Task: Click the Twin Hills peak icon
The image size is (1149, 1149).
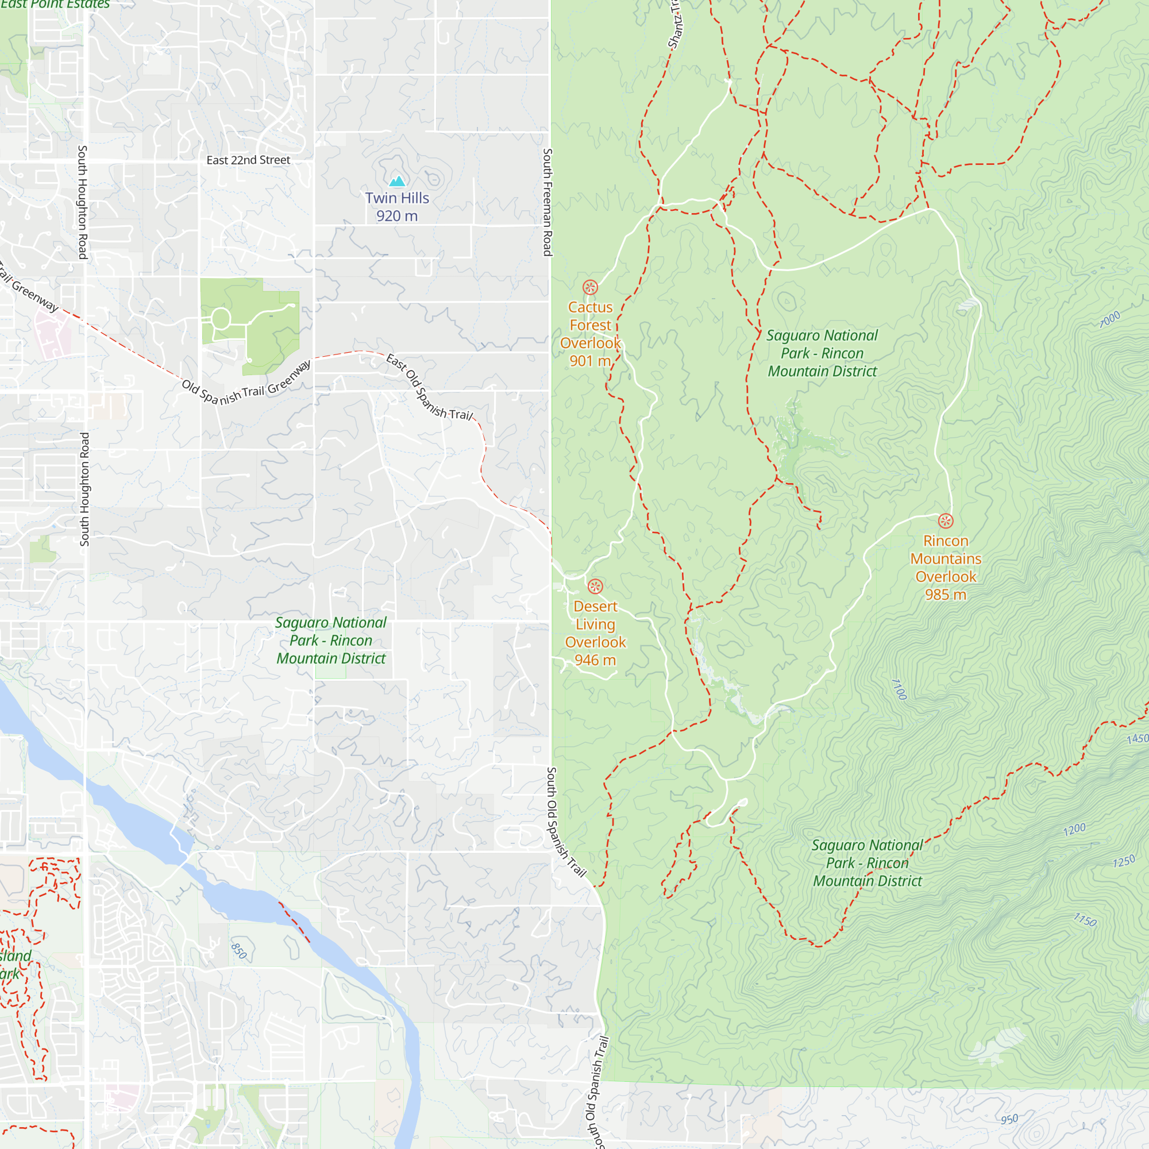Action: tap(396, 181)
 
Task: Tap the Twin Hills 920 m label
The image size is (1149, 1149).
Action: tap(396, 206)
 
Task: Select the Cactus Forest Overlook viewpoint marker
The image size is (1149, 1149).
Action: tap(590, 287)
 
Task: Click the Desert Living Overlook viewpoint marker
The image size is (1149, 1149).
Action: tap(595, 587)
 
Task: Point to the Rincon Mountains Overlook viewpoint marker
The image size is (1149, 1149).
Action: tap(946, 521)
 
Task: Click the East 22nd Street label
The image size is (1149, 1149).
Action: tap(248, 160)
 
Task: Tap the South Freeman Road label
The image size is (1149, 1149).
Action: tap(547, 202)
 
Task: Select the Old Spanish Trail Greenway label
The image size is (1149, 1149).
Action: tap(246, 384)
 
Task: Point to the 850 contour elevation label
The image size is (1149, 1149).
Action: tap(238, 951)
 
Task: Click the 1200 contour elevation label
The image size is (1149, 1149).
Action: tap(1074, 829)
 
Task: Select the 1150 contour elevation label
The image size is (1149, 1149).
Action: tap(1085, 920)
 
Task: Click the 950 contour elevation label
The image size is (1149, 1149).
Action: tap(1009, 1119)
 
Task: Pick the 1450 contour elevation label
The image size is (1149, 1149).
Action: tap(1137, 739)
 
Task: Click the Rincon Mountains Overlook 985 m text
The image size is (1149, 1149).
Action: tap(946, 568)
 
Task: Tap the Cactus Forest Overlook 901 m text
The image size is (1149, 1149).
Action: tap(590, 334)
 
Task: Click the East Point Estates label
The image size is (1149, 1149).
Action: tap(55, 4)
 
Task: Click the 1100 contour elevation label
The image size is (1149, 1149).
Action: tap(899, 689)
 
